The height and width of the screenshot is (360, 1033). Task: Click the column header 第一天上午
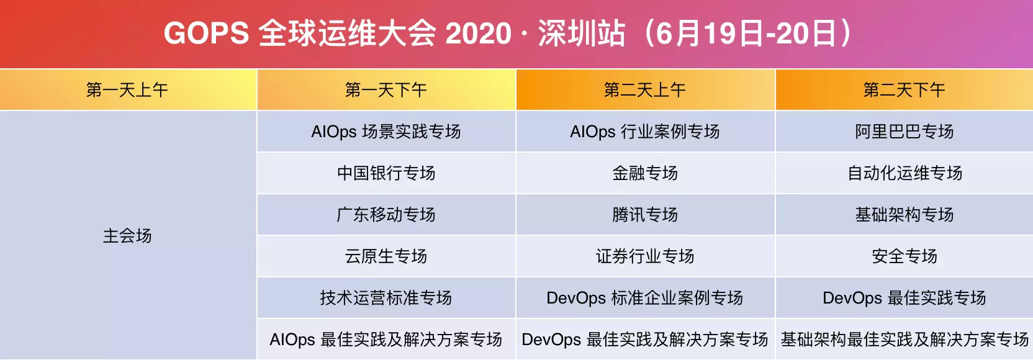pos(128,90)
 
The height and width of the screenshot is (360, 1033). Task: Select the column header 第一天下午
pos(387,90)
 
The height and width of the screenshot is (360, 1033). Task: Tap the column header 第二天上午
pos(646,90)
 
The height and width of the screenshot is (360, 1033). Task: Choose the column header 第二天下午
pos(904,90)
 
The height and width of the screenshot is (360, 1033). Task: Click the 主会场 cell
pos(128,235)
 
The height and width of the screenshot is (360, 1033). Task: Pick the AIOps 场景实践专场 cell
pos(387,132)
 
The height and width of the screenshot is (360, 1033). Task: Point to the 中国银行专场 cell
pos(387,173)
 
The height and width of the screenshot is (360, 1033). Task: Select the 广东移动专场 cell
pos(387,215)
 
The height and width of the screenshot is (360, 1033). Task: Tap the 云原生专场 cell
pos(387,256)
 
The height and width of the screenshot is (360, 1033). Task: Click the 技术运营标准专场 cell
pos(387,298)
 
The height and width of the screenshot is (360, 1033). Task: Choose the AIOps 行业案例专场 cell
pos(646,132)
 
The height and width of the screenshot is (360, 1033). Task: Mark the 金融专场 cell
pos(646,173)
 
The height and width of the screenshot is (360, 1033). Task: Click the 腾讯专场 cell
pos(646,215)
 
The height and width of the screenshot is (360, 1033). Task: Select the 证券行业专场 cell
pos(646,256)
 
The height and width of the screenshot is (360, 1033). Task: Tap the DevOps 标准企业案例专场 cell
pos(646,298)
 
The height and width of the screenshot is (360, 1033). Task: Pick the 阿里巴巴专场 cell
pos(904,132)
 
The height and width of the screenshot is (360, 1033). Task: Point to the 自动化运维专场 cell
pos(904,173)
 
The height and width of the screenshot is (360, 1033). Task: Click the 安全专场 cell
pos(904,256)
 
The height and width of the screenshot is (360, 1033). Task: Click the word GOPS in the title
pos(207,34)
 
